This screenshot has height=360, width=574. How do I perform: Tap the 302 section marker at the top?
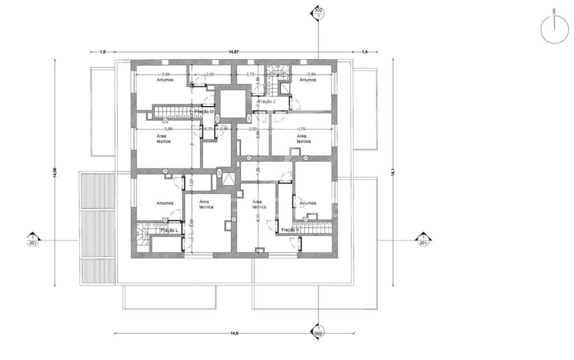[318, 12]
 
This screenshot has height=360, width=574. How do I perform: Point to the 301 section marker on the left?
[32, 240]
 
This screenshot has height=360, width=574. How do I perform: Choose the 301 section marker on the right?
[422, 240]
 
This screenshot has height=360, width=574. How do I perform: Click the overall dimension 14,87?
[234, 51]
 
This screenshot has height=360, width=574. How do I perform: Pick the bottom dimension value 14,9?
[233, 332]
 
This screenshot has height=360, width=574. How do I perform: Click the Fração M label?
[205, 111]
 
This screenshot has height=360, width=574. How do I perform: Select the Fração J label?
[266, 101]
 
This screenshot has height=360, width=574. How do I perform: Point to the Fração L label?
[169, 230]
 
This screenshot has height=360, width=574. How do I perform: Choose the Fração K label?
[290, 230]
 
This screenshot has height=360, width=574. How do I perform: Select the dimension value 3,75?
[301, 129]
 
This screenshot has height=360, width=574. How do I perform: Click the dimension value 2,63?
[210, 74]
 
